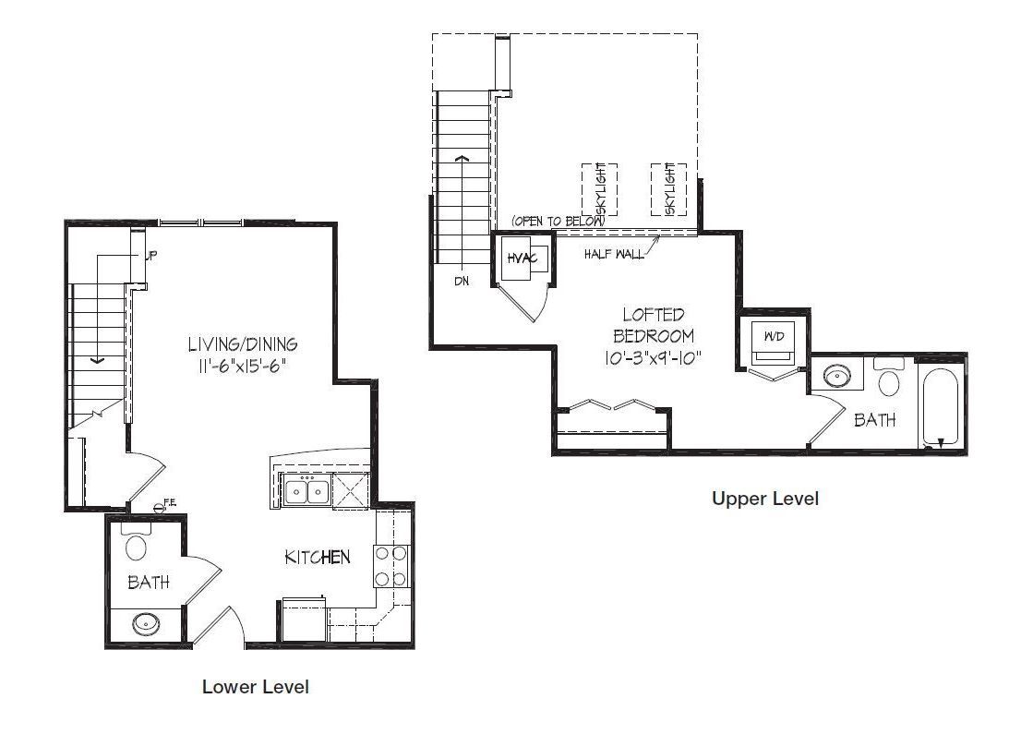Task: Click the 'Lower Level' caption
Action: coord(256,686)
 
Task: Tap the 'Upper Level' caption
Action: coord(765,499)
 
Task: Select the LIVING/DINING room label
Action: coord(243,343)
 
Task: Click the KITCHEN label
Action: coord(318,557)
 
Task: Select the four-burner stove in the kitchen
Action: coord(391,566)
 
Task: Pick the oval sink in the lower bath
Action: coord(146,623)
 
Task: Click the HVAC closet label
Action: coord(522,259)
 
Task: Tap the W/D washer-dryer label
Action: coord(775,336)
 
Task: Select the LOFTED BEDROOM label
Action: coord(654,325)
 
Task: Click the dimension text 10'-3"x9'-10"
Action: coord(653,357)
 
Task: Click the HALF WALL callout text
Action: coord(614,254)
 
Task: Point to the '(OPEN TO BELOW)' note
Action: coord(558,221)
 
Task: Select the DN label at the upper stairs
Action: coord(462,282)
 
